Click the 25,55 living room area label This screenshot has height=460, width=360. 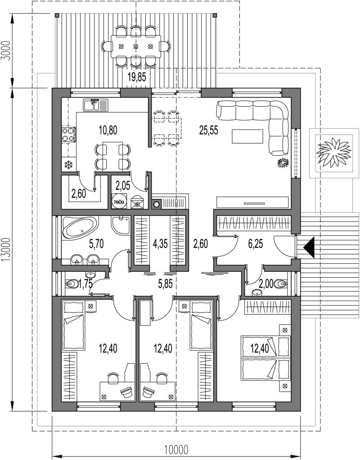click(x=209, y=130)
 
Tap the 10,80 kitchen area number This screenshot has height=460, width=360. click(x=108, y=130)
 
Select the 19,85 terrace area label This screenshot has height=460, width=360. click(x=137, y=77)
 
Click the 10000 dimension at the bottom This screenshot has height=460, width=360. click(x=176, y=450)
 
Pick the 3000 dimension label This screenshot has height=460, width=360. click(x=7, y=51)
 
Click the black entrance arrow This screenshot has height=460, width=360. click(x=309, y=248)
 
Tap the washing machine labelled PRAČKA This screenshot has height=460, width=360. click(x=119, y=201)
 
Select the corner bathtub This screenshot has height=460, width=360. click(x=80, y=227)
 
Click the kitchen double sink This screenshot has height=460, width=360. click(x=95, y=105)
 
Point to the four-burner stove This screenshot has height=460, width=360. click(x=69, y=135)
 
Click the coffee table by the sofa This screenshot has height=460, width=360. click(x=247, y=136)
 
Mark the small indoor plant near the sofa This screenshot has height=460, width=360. click(x=283, y=163)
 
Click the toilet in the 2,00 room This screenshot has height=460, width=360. click(x=280, y=284)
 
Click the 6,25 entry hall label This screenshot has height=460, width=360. click(x=256, y=244)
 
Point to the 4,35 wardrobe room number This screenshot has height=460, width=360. click(x=161, y=244)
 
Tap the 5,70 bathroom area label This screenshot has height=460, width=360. click(x=96, y=244)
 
